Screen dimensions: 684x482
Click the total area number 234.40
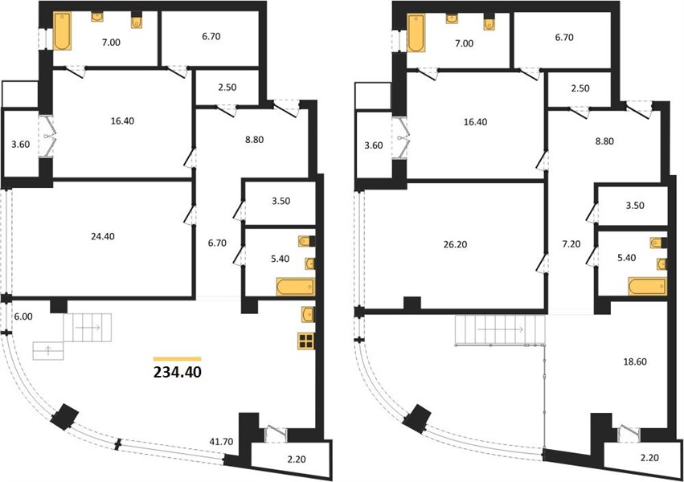tap(178, 373)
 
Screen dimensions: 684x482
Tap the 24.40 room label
tap(104, 237)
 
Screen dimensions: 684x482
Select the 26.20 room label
tap(456, 245)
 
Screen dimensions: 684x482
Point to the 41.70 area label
tap(222, 442)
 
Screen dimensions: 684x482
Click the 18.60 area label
tap(635, 361)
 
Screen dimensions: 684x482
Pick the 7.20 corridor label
tap(571, 244)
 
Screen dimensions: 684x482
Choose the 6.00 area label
tap(23, 317)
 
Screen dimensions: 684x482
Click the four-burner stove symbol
tap(307, 341)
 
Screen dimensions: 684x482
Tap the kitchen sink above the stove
tap(308, 313)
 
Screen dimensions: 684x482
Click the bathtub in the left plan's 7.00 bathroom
tap(62, 31)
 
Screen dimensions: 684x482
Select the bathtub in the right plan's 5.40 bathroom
tap(647, 286)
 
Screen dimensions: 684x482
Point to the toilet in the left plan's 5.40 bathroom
tap(307, 241)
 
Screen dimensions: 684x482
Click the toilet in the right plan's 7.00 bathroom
tap(489, 23)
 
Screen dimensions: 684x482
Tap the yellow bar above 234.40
tap(177, 359)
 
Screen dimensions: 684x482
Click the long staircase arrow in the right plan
tap(501, 329)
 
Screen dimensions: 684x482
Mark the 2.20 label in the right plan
tap(649, 458)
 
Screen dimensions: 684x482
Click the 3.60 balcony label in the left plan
tap(21, 145)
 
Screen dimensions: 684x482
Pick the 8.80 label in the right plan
tap(604, 141)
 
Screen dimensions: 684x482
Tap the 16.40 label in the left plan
tap(122, 121)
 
